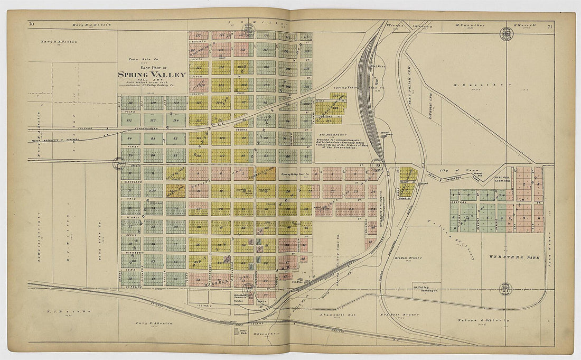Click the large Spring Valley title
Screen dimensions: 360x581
click(152, 75)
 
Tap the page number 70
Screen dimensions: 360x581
click(32, 24)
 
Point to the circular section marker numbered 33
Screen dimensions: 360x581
click(378, 165)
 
